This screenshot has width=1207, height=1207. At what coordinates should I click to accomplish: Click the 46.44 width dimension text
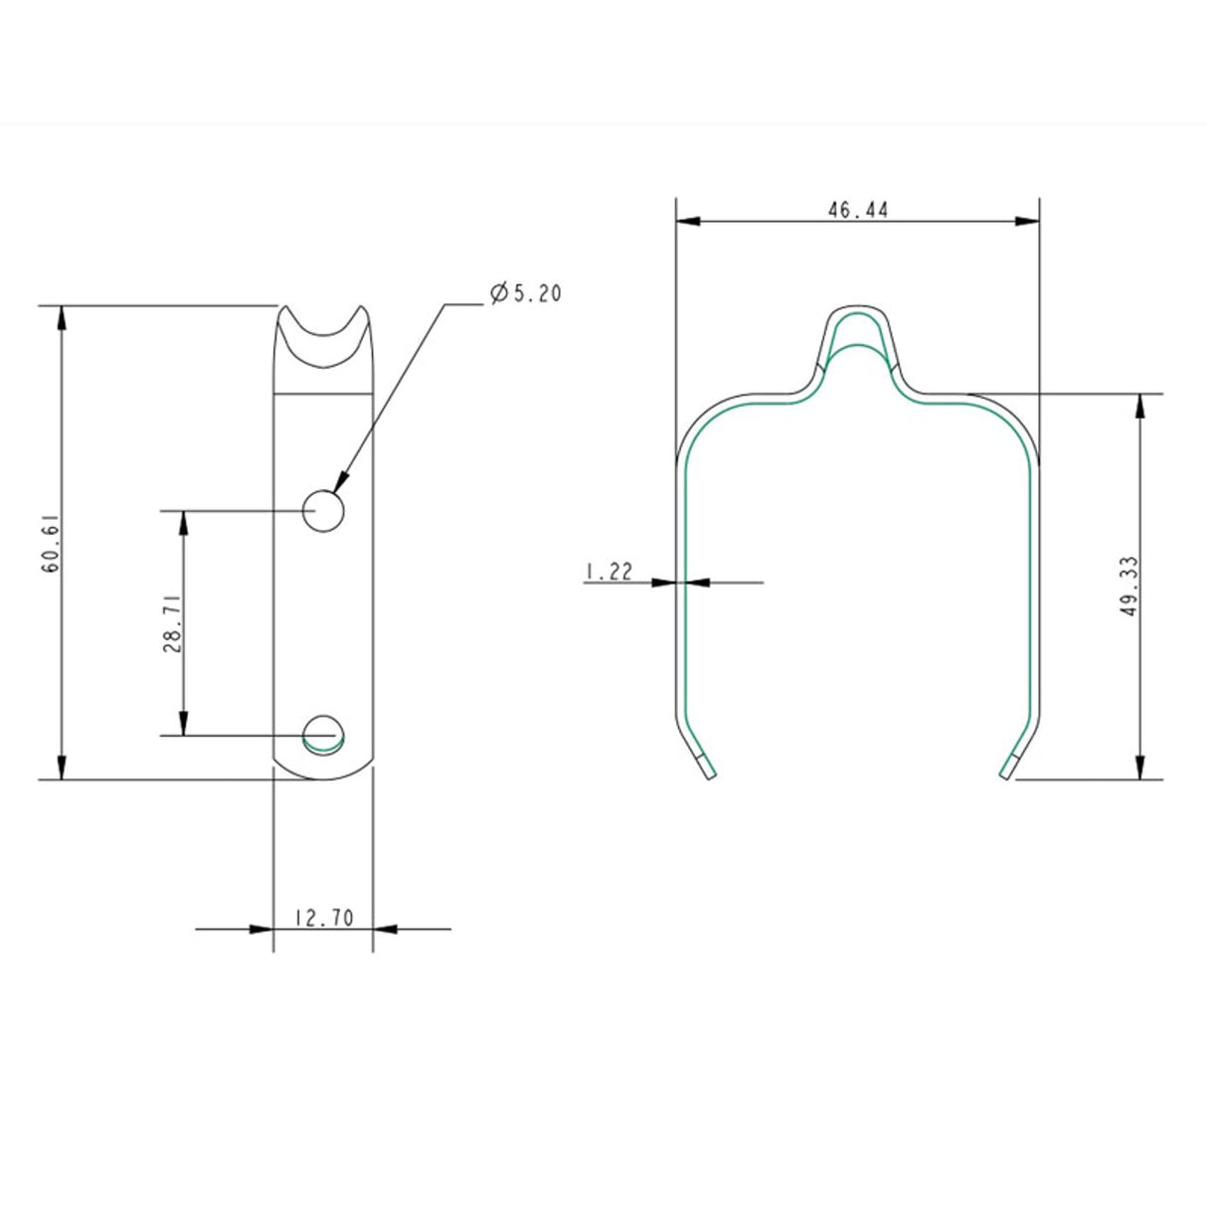[x=857, y=210]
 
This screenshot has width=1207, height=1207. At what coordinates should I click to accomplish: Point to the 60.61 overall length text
[x=51, y=542]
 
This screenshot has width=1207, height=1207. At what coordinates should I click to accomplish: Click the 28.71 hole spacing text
[x=171, y=624]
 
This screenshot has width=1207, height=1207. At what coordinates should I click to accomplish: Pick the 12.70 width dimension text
[x=323, y=919]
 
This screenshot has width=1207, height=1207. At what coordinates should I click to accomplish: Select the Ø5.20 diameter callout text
[x=525, y=293]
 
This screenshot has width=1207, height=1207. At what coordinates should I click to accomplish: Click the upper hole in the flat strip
[x=324, y=511]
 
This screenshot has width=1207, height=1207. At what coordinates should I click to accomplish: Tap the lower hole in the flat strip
[x=324, y=733]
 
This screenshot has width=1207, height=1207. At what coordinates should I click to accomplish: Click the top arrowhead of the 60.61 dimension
[x=62, y=317]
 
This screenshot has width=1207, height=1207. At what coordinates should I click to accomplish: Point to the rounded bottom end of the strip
[x=323, y=774]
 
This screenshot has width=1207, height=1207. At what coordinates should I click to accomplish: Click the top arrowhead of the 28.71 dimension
[x=183, y=522]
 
